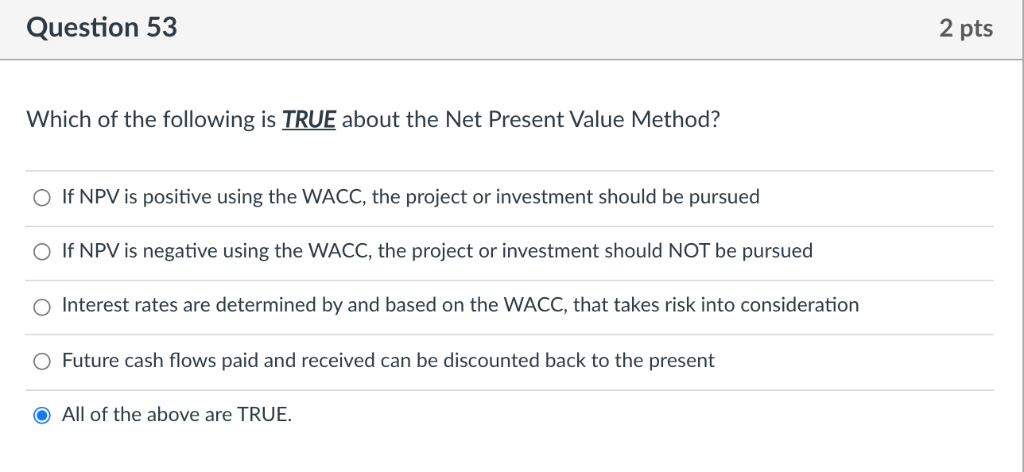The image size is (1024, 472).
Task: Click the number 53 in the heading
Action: [162, 27]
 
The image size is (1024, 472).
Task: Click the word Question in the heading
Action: [83, 29]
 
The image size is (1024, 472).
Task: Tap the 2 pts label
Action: [966, 29]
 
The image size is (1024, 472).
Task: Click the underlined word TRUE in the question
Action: [309, 120]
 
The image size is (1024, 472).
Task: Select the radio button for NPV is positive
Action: [42, 198]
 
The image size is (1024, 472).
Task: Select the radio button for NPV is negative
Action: [42, 252]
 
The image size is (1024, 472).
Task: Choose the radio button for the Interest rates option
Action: [42, 307]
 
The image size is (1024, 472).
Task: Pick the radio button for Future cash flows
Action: [42, 361]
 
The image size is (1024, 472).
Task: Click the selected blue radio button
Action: [42, 416]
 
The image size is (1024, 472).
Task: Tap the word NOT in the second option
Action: [689, 251]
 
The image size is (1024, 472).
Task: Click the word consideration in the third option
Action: [800, 305]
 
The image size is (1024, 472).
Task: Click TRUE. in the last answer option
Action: [264, 415]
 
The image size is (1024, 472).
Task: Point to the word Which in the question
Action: [59, 119]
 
